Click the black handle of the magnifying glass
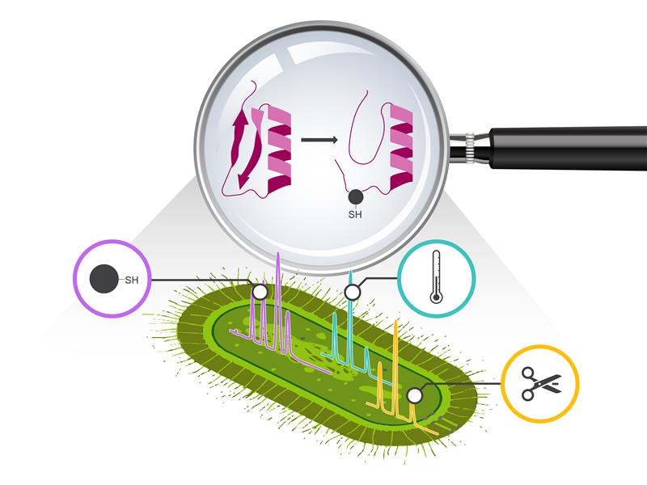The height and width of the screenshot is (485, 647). [x=566, y=141]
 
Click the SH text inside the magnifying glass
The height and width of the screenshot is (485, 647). [x=355, y=215]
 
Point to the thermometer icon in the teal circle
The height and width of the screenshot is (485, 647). [x=436, y=276]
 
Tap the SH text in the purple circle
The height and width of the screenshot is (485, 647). [x=130, y=280]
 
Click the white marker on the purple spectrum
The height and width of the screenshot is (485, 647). [x=260, y=292]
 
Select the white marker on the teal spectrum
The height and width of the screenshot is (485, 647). [x=353, y=290]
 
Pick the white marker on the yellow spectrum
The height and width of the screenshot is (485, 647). [x=414, y=395]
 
